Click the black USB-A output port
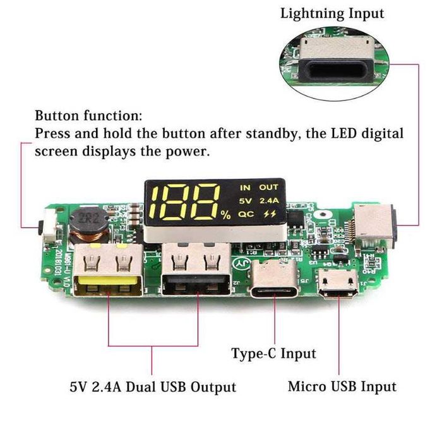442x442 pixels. [195, 272]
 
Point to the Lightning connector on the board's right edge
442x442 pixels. [376, 225]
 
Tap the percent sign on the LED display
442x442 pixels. [226, 215]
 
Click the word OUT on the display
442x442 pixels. [269, 188]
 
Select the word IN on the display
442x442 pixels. [245, 188]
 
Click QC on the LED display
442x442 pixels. [246, 214]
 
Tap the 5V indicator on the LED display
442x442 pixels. [245, 201]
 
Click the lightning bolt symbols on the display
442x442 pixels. [270, 214]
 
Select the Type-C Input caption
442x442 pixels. [273, 353]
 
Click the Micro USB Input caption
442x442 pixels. [342, 386]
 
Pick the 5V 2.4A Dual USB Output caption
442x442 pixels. [153, 386]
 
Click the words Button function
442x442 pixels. [88, 116]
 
